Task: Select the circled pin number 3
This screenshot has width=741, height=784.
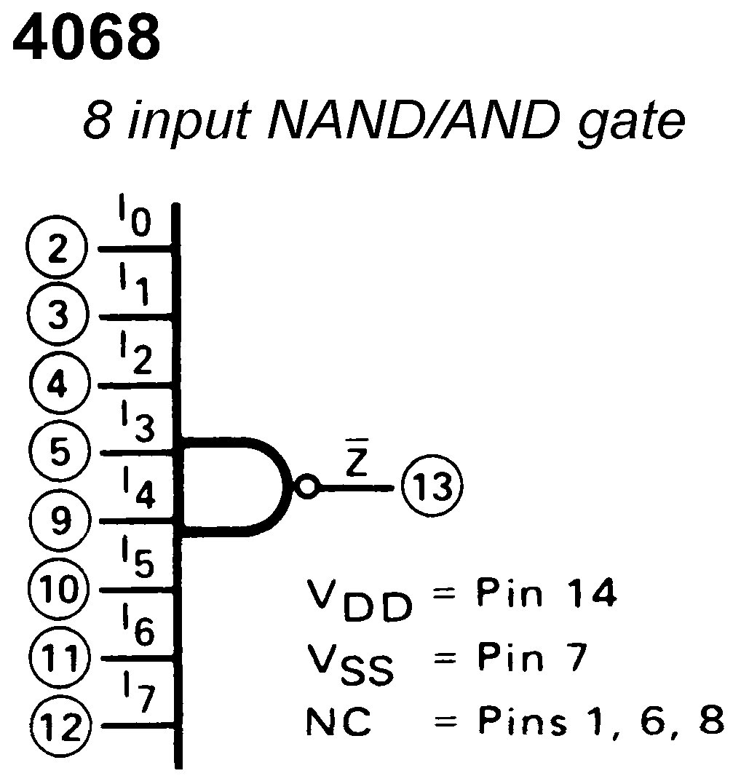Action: pos(58,316)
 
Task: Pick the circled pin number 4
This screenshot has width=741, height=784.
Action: pos(58,384)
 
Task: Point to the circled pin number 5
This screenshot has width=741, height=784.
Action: pos(58,451)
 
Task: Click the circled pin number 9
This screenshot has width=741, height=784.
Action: pos(58,520)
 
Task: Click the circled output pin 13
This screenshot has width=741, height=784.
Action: pos(432,487)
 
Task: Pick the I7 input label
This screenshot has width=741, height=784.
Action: pos(137,696)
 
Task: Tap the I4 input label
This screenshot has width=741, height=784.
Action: pos(137,491)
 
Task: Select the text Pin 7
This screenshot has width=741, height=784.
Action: pos(532,660)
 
